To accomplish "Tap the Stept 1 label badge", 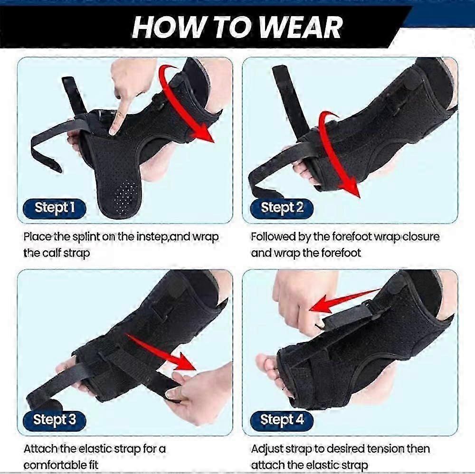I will tap(55, 208).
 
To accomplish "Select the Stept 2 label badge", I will tap(282, 208).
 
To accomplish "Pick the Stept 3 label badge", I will tap(55, 419).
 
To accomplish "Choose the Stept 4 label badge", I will tap(282, 419).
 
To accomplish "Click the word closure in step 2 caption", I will tap(418, 237).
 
